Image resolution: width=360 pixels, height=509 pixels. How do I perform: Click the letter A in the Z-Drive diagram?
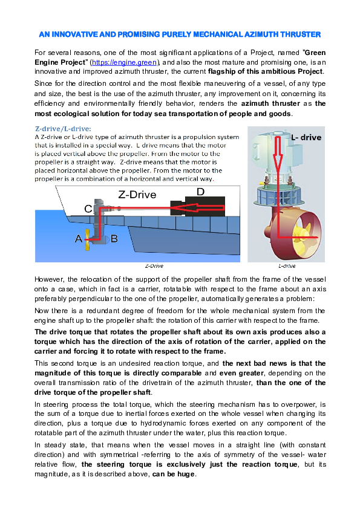[x=79, y=239]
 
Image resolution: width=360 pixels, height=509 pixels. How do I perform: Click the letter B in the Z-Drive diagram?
[x=114, y=239]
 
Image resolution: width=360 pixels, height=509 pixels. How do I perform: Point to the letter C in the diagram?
[x=88, y=208]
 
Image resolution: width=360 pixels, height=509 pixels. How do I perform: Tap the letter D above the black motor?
[x=200, y=192]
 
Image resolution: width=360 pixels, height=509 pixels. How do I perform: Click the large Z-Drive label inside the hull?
[x=137, y=195]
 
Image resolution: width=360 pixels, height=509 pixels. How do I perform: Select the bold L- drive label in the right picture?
[x=306, y=137]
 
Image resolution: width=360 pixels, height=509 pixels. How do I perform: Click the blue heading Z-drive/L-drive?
[x=63, y=128]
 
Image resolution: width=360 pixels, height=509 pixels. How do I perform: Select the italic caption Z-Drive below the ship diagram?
[x=154, y=265]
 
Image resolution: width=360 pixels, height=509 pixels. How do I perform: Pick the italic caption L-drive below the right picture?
[x=286, y=265]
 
